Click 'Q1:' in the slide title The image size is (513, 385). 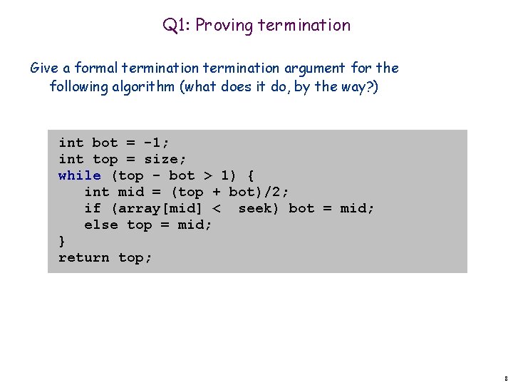click(176, 26)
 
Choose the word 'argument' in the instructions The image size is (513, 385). click(316, 68)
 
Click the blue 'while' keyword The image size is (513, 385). click(79, 175)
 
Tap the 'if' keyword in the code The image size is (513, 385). click(93, 208)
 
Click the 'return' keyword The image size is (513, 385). click(83, 257)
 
